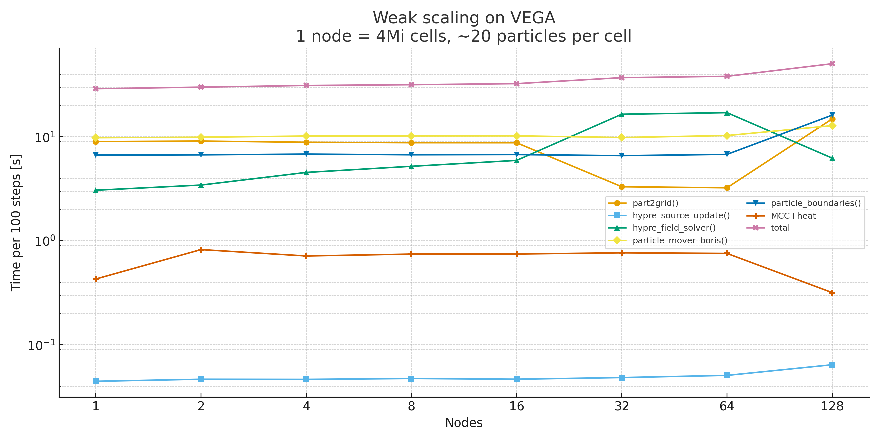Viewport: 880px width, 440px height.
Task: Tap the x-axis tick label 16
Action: click(516, 406)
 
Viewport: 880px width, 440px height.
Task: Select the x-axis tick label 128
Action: click(832, 406)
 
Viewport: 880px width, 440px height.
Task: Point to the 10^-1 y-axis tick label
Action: click(41, 345)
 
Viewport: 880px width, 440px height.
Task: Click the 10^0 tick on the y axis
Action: click(44, 241)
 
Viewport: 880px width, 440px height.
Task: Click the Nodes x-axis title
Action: click(464, 423)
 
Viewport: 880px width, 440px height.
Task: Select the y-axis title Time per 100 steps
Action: click(16, 223)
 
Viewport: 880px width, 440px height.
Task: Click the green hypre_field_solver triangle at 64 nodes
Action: click(727, 113)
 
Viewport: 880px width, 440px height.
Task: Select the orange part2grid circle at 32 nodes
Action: click(622, 187)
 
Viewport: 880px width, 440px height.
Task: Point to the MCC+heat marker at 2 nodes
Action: click(201, 250)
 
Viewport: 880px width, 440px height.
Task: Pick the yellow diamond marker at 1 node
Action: click(96, 138)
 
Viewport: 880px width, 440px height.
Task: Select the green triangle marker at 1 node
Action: click(96, 191)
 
